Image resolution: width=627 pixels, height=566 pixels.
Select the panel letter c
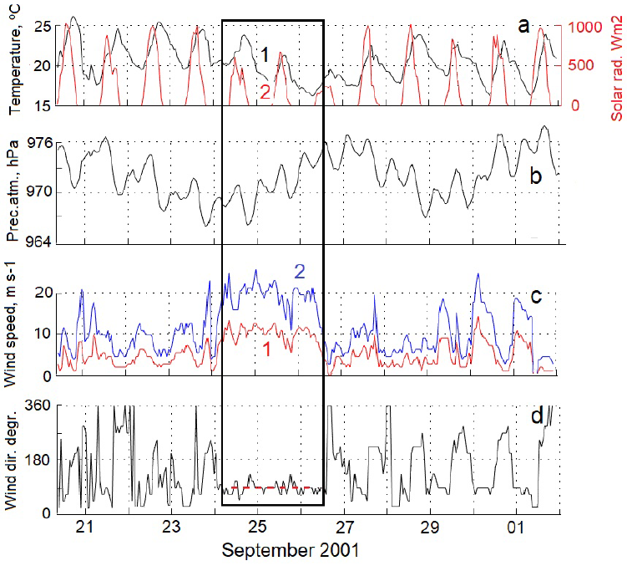click(537, 297)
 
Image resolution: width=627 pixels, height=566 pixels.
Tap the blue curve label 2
click(299, 271)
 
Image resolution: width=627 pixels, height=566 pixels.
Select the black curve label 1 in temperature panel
click(263, 55)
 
